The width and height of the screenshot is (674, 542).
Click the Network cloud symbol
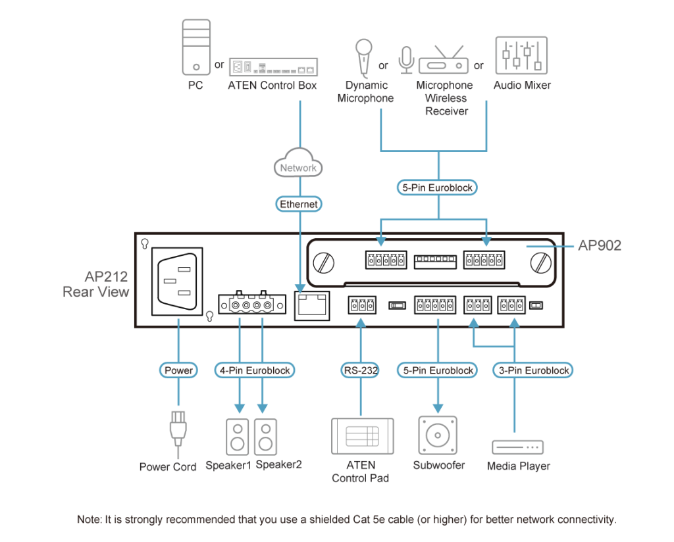298,166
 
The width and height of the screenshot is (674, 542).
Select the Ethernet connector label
299,205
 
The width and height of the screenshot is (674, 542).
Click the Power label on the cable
178,370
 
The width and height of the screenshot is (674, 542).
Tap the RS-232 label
360,370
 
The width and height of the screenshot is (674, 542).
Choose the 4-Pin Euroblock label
253,370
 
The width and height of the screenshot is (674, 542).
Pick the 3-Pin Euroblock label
533,370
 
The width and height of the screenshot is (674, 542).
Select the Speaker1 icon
238,437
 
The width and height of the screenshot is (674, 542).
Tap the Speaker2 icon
265,437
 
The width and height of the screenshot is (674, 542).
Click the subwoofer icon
438,435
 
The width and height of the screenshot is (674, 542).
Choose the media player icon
518,447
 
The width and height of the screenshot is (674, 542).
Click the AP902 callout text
600,245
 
